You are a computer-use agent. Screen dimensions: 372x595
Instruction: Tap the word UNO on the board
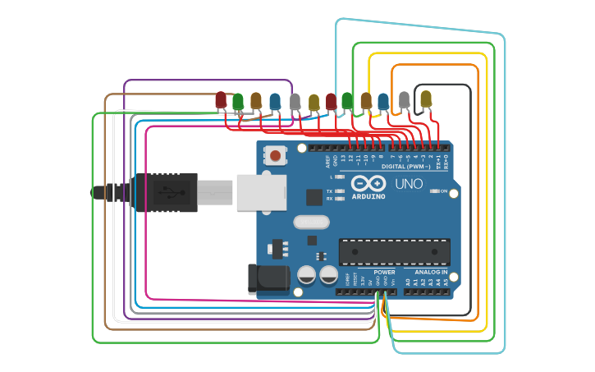click(x=409, y=184)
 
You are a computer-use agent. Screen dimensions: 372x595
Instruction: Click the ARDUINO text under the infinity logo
click(x=368, y=197)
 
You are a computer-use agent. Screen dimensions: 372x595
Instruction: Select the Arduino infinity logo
click(x=368, y=184)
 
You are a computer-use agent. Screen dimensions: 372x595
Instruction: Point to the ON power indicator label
click(x=444, y=191)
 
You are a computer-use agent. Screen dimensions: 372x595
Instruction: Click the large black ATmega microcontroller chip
click(x=395, y=252)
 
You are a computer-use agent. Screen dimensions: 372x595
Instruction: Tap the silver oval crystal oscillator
click(x=311, y=222)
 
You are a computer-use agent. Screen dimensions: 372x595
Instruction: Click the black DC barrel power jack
click(x=268, y=278)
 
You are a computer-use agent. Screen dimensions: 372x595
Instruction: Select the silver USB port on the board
click(x=261, y=192)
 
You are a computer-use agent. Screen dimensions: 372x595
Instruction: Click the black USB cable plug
click(x=164, y=192)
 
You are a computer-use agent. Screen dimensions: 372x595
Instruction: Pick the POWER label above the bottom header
click(x=384, y=272)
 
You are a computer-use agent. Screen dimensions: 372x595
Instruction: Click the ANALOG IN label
click(x=431, y=272)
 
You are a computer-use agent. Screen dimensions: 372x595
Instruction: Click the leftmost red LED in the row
click(x=220, y=100)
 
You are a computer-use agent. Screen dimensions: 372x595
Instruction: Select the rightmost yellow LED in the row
click(x=425, y=99)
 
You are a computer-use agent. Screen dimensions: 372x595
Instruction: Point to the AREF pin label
click(x=327, y=160)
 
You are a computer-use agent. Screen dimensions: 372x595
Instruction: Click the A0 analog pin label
click(x=408, y=282)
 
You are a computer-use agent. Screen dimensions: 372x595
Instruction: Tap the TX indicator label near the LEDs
click(x=330, y=191)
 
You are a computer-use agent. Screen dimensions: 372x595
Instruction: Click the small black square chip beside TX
click(x=314, y=197)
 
